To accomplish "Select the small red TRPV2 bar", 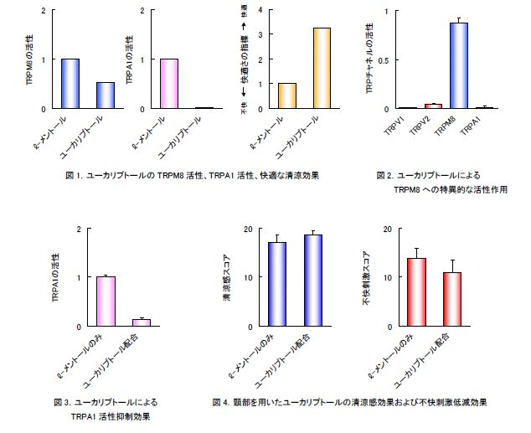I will (433, 106).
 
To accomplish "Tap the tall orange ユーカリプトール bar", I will (321, 68).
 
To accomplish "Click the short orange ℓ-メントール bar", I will (286, 95).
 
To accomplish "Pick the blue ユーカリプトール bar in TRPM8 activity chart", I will (106, 95).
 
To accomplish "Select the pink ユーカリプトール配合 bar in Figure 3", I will (142, 322).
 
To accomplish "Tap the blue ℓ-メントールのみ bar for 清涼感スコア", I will (276, 284).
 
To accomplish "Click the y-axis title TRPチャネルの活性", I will (369, 60).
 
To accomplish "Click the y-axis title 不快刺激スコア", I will (366, 277).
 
